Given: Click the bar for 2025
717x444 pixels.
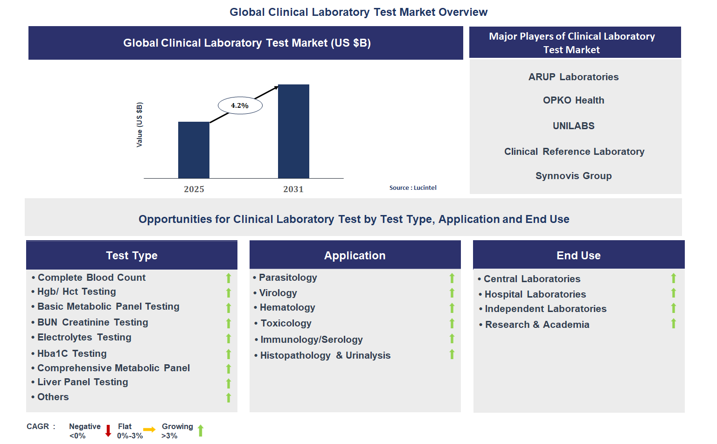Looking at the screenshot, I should click(x=194, y=150).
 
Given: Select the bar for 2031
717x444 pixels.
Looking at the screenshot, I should click(x=293, y=131).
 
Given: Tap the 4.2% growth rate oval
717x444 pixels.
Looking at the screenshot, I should click(x=240, y=105).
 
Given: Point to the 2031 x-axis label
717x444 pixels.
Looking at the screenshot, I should click(x=293, y=189).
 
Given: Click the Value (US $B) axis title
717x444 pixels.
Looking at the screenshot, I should click(x=139, y=125).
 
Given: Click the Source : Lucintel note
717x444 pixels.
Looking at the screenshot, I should click(x=413, y=187).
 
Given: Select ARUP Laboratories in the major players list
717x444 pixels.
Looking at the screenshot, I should click(x=573, y=77).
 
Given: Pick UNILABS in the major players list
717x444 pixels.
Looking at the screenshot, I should click(x=573, y=126).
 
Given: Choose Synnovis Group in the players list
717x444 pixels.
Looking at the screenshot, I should click(x=573, y=176).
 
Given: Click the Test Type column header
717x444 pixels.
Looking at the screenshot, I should click(x=132, y=255).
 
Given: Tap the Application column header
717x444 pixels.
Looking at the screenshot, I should click(x=355, y=255).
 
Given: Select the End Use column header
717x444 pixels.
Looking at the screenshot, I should click(x=578, y=255).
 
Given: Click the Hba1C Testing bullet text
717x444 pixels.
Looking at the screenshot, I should click(x=72, y=354).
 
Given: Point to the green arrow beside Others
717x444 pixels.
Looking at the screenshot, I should click(x=229, y=397).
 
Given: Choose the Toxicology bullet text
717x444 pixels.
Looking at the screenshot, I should click(x=285, y=323).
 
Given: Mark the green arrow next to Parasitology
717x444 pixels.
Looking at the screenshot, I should click(x=452, y=278).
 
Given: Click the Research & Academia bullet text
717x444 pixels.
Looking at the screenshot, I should click(x=537, y=325).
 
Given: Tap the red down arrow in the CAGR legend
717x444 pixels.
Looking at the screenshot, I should click(x=108, y=430).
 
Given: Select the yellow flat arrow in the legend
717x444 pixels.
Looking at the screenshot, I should click(x=149, y=430).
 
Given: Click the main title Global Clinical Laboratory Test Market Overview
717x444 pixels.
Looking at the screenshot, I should click(x=358, y=12).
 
